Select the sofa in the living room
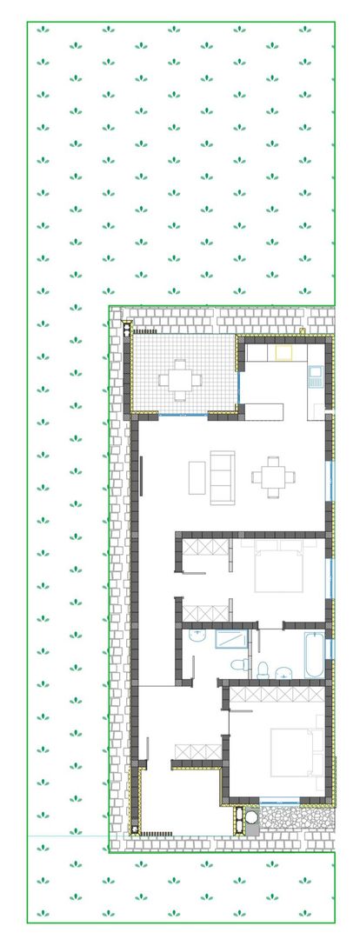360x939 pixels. [221, 477]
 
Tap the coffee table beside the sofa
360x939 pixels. [197, 477]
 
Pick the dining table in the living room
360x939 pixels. [273, 475]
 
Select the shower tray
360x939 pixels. [230, 640]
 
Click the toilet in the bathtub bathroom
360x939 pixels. [264, 668]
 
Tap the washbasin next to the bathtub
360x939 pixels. [283, 671]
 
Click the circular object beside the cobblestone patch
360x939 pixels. [251, 816]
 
